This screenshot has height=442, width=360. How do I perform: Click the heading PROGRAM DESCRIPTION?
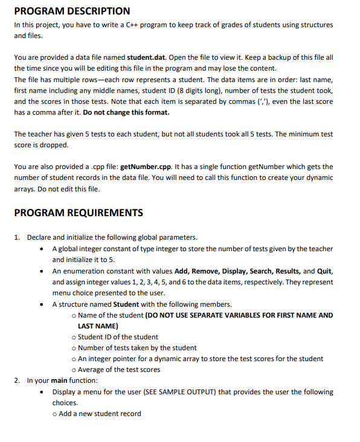coord(72,11)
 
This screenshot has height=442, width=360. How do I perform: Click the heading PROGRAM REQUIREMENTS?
coord(79,213)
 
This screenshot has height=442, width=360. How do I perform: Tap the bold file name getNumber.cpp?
coord(149,166)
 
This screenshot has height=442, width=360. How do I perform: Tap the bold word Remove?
coord(207,271)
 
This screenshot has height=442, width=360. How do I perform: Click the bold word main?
coord(59,380)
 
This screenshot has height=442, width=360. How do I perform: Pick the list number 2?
coord(17,380)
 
